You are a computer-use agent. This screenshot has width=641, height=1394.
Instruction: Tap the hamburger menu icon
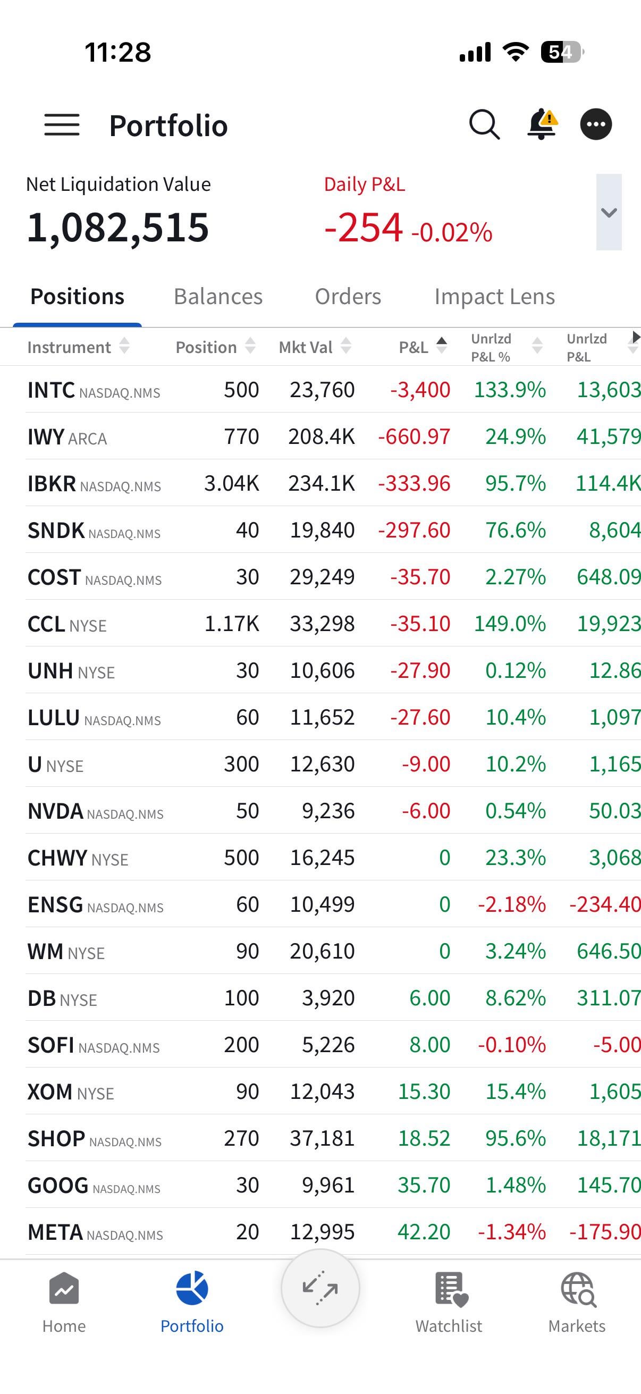tap(62, 125)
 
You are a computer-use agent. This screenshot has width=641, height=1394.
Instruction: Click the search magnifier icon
tap(484, 125)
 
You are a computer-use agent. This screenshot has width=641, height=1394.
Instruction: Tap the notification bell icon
tap(542, 124)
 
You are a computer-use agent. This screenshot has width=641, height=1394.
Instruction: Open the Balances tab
tap(218, 297)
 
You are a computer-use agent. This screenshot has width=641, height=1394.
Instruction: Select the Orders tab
tap(348, 297)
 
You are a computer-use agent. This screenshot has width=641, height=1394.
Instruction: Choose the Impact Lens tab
tap(494, 297)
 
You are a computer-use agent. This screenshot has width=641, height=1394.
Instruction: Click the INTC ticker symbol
tap(51, 390)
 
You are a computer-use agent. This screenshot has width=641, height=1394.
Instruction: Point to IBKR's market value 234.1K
tap(322, 483)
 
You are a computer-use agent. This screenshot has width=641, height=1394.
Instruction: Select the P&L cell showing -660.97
tap(414, 436)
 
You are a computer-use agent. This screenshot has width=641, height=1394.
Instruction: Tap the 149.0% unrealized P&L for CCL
tap(510, 624)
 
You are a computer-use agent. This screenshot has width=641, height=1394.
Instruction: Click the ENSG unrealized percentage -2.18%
tap(512, 904)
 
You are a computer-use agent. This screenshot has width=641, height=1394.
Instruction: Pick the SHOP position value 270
tap(241, 1139)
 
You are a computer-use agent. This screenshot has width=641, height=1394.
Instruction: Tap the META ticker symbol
tap(55, 1232)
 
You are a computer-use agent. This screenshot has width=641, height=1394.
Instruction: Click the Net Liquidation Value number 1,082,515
tap(118, 228)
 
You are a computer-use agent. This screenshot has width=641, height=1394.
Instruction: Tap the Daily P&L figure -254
tap(364, 228)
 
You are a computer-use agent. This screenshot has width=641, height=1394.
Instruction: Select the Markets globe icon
tap(577, 1290)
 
